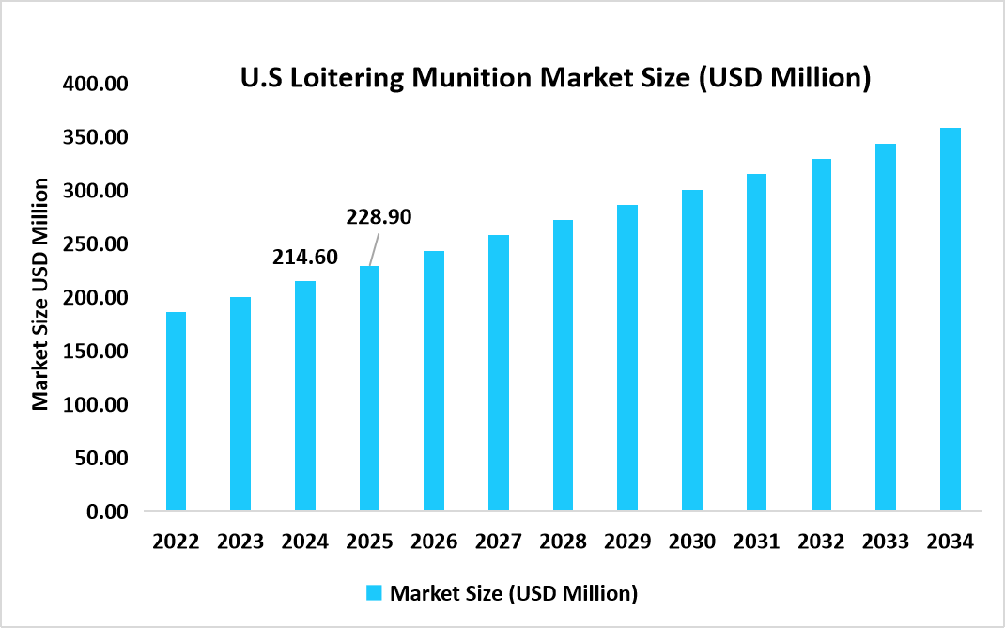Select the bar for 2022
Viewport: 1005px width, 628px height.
(x=176, y=412)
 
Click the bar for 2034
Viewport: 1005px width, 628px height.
(x=950, y=320)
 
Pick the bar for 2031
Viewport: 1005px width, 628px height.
(x=756, y=343)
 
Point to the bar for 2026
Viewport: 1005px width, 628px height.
(x=434, y=381)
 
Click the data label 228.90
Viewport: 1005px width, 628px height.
(x=379, y=217)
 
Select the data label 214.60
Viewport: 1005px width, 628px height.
(x=306, y=257)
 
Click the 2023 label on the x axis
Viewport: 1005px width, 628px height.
(x=240, y=542)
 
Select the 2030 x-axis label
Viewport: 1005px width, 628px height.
(x=692, y=542)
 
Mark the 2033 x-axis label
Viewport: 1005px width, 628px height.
(x=886, y=542)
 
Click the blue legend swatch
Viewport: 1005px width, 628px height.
(x=373, y=593)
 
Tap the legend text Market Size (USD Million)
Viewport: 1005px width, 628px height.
(x=514, y=593)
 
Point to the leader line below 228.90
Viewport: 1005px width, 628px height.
(x=373, y=251)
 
